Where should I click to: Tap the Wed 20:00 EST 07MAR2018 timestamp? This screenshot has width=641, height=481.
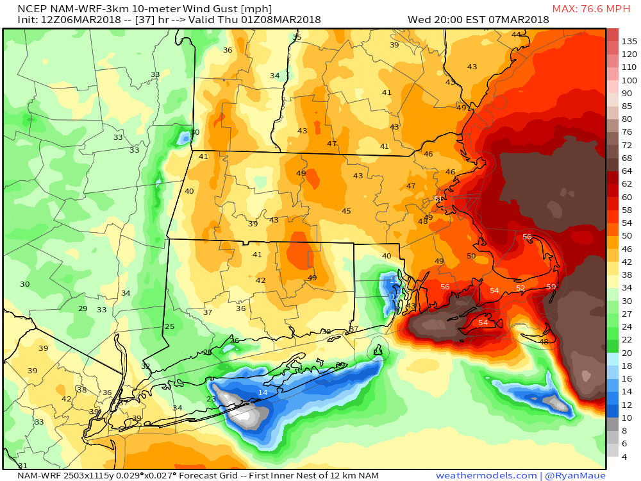coord(478,20)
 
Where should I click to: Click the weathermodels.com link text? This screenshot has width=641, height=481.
coord(486,475)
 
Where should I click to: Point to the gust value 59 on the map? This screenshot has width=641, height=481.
coord(551,287)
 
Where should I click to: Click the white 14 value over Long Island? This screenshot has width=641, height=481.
coord(263,392)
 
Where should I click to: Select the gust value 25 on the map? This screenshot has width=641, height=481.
coord(169,327)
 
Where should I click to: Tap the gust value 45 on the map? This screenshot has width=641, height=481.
coord(346,212)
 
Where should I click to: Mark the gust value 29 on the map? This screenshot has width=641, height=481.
coord(83,309)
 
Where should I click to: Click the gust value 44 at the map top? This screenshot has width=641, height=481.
coord(516,35)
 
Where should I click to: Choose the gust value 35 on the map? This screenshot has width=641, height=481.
coord(296,38)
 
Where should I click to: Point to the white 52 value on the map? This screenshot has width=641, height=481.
coord(520,289)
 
